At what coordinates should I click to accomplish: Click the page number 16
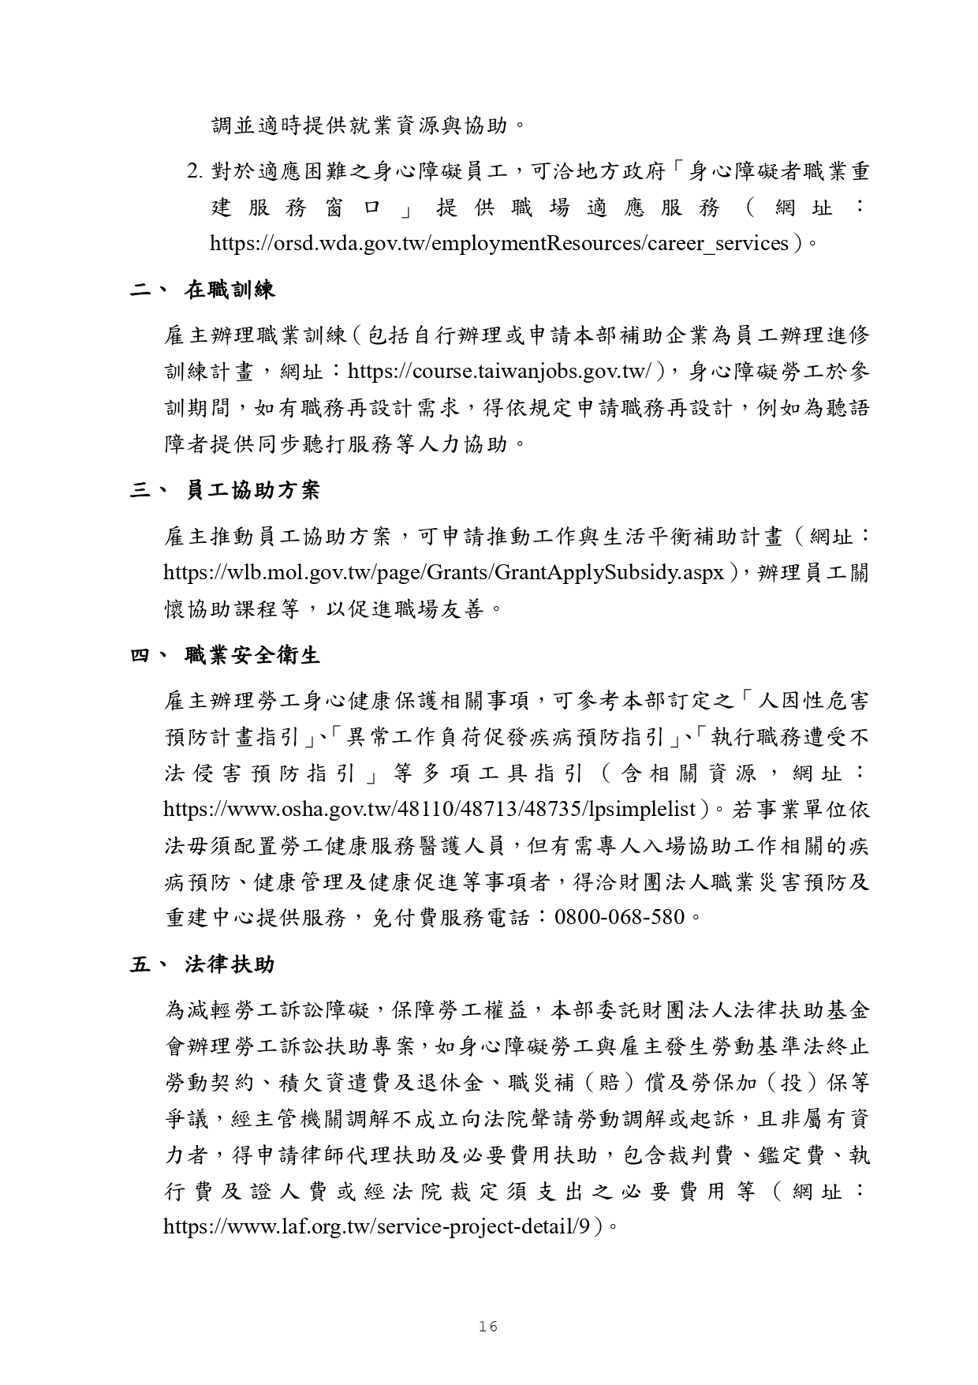coord(488,1327)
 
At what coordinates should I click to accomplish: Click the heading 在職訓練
coord(230,290)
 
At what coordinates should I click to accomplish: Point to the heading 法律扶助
coord(230,964)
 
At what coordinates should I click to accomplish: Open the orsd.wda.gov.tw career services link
coord(499,243)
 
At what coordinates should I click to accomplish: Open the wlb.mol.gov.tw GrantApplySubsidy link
coord(443,572)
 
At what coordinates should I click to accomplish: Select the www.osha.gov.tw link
coord(430,809)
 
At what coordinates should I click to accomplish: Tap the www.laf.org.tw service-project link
coord(377,1226)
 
